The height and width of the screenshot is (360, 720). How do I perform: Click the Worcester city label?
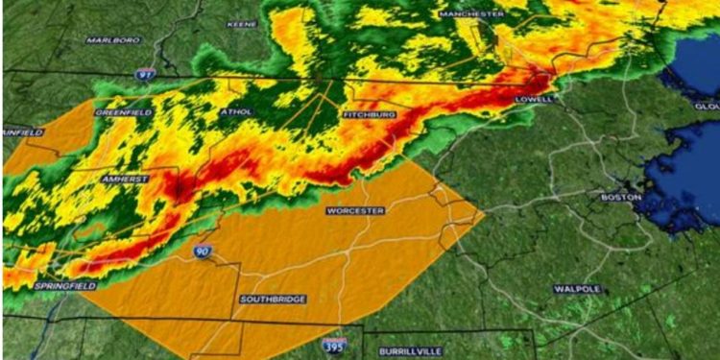(x=355, y=210)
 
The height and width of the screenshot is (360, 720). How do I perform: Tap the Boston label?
(x=620, y=198)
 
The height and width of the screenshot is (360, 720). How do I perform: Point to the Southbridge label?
(x=273, y=300)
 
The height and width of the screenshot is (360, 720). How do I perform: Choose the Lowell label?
(x=534, y=99)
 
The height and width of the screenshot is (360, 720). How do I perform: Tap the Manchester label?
(x=471, y=14)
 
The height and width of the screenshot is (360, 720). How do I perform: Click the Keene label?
(x=242, y=23)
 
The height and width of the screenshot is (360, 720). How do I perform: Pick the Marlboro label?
(x=114, y=40)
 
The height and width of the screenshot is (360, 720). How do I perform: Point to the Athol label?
(x=236, y=112)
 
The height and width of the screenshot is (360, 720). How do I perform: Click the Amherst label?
(x=126, y=180)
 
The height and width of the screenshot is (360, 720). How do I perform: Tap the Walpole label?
(x=578, y=288)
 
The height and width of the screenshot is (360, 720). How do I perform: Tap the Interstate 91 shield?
(x=144, y=73)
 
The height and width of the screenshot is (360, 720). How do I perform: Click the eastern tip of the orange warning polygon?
(x=483, y=214)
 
